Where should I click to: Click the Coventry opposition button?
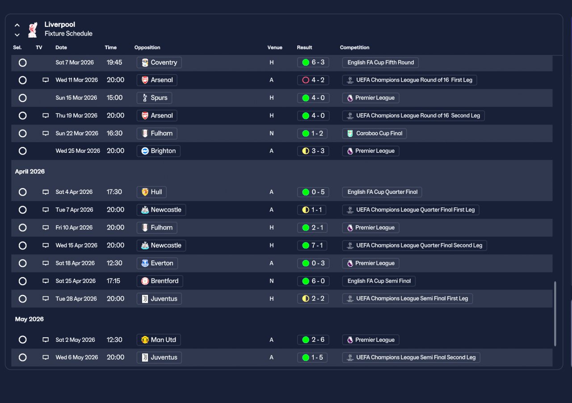159,63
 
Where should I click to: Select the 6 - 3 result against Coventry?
313,62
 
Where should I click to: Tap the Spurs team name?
159,98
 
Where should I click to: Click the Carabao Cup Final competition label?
374,133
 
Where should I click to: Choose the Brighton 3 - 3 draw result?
313,151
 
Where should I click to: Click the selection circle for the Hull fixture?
22,192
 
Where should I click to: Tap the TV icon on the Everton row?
46,263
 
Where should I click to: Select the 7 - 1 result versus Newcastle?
312,245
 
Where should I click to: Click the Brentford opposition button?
160,281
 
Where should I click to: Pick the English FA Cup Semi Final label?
379,281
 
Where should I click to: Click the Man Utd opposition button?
159,340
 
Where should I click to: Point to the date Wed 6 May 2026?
76,357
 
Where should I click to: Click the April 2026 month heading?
29,172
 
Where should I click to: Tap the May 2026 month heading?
29,319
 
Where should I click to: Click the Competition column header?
354,47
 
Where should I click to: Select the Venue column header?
275,47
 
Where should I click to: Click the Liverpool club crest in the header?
33,29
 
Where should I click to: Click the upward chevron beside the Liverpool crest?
17,25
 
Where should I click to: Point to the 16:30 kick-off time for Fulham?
114,133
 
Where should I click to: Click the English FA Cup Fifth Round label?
380,63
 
